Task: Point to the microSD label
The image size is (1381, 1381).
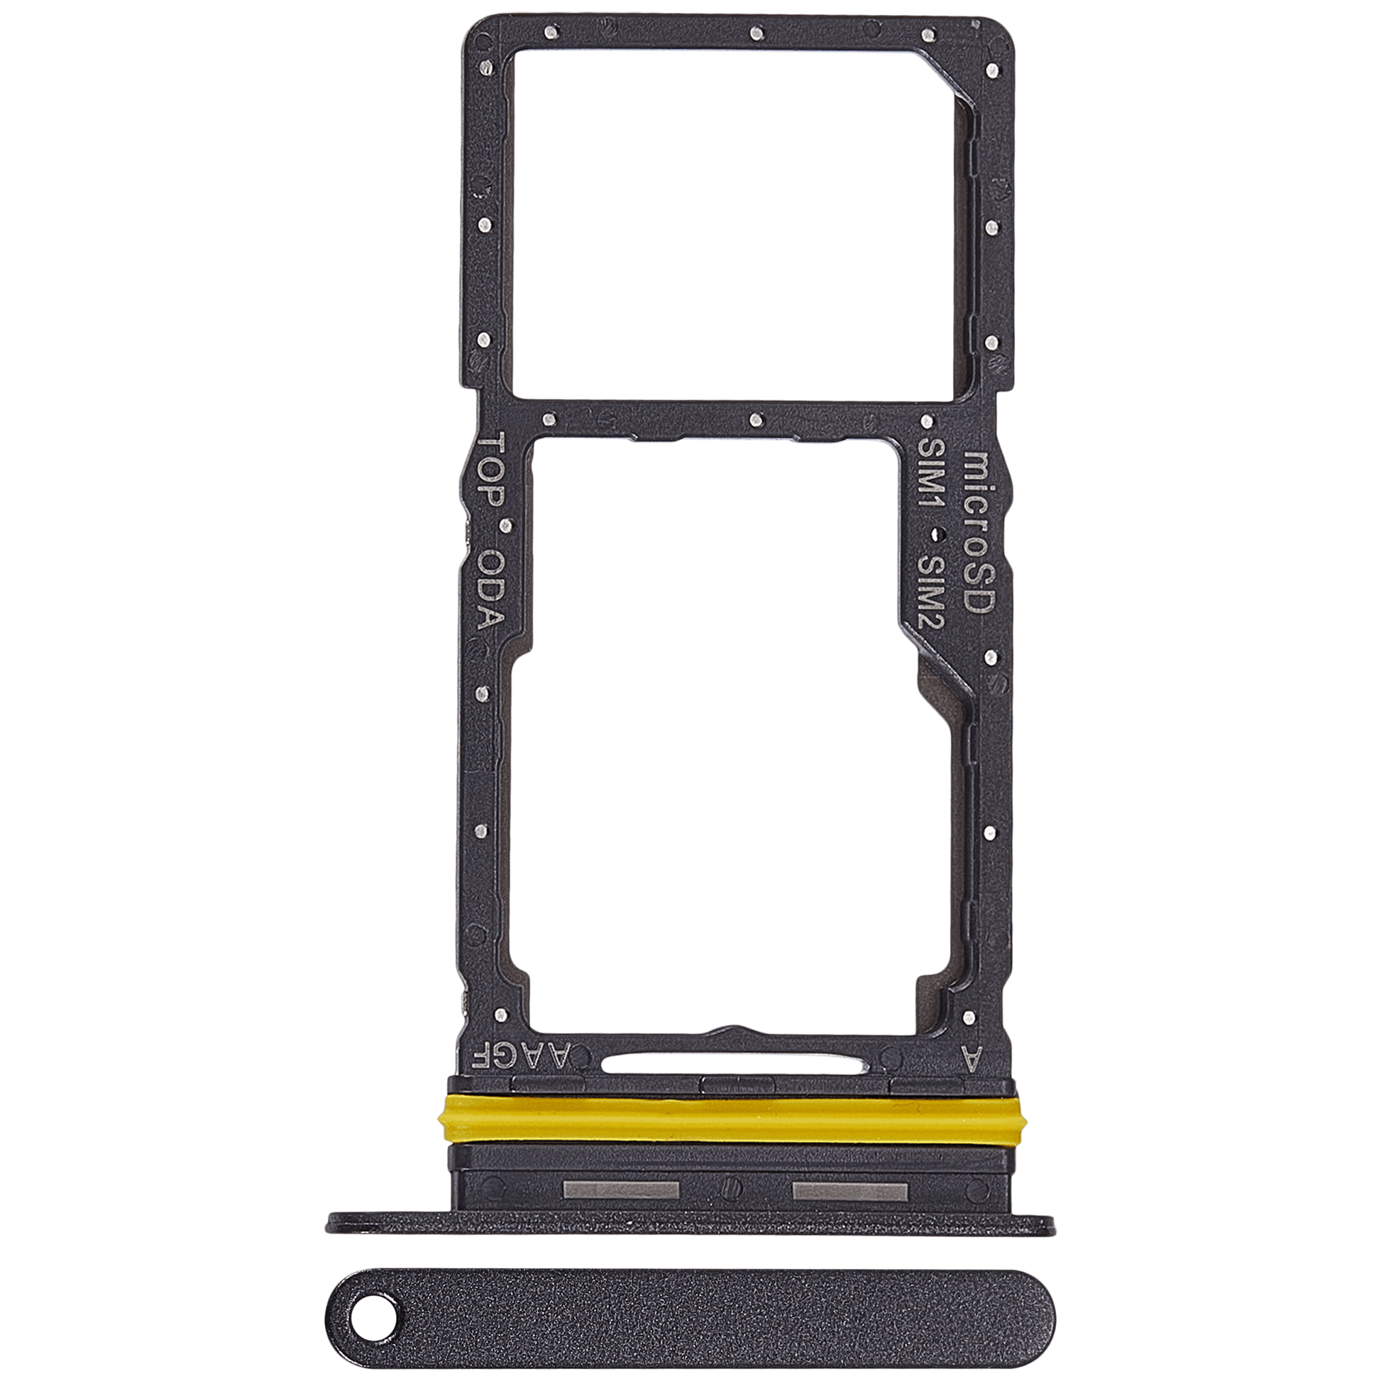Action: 977,532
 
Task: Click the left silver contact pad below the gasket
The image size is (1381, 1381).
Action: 620,1190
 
